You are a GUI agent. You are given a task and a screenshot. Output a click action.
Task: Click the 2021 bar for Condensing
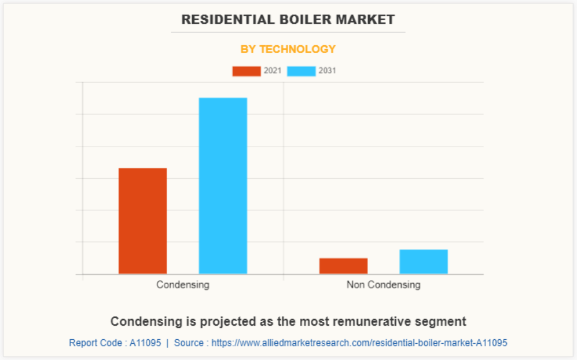coord(142,221)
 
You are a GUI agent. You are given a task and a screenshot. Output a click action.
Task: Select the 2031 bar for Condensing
coord(223,185)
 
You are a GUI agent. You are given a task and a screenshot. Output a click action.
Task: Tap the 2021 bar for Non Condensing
coord(343,266)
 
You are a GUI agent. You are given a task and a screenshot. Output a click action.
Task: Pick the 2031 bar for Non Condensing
coord(423,262)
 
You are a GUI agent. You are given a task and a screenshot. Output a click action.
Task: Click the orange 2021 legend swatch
coord(246,71)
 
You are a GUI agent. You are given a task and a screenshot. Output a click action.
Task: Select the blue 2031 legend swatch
coord(301,71)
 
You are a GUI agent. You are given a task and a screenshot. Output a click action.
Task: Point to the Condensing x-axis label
coord(182,285)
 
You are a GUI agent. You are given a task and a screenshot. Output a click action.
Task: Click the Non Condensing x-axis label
coord(383,285)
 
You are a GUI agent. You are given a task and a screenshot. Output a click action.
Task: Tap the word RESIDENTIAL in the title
coord(223,20)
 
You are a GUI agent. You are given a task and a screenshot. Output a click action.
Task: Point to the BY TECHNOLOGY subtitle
coord(288,49)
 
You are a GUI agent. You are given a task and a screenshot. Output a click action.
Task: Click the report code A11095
coord(145,343)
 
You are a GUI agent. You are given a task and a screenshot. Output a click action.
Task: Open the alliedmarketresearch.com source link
coord(359,343)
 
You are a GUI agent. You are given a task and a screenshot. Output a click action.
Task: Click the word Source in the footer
coord(189,343)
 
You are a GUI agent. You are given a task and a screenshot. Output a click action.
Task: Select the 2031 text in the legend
coord(327,71)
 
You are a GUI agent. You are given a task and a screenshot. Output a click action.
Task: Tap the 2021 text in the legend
coord(272,71)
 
